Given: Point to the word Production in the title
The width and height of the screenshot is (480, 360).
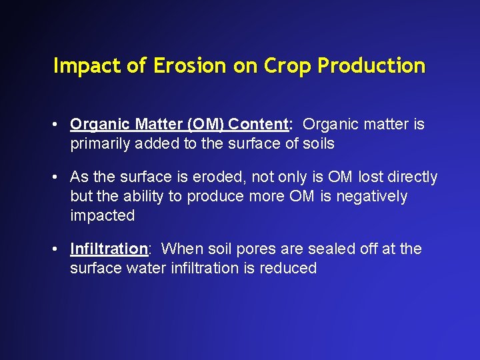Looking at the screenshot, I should click(x=371, y=65).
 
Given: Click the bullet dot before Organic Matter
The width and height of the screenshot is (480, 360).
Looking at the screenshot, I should click(x=59, y=125).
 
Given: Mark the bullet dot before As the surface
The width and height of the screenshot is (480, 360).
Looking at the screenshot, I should click(x=59, y=177).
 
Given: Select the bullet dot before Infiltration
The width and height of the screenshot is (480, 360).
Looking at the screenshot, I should click(x=59, y=249).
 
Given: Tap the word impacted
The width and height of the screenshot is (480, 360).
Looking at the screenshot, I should click(x=103, y=216).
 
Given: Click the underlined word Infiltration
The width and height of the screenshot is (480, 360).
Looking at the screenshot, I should click(x=109, y=249).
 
